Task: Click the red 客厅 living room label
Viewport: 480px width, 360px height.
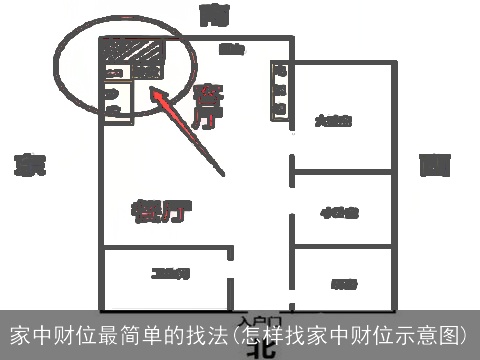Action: pyautogui.click(x=208, y=105)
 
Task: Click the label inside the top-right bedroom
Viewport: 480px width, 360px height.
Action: pyautogui.click(x=333, y=122)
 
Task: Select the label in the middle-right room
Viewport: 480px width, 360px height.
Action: pyautogui.click(x=340, y=212)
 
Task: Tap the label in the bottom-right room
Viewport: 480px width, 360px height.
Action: pyautogui.click(x=344, y=283)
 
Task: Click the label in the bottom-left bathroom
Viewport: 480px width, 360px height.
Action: pyautogui.click(x=165, y=273)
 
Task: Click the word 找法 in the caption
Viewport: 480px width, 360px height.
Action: pyautogui.click(x=208, y=334)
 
